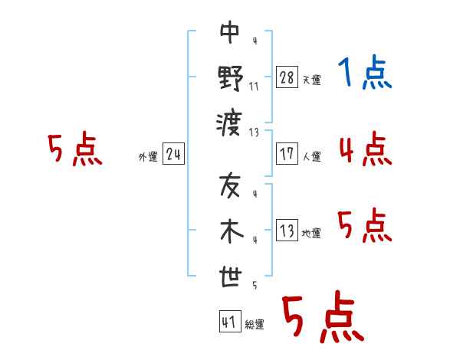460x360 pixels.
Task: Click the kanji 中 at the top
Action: click(x=230, y=32)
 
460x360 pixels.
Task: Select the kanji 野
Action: click(x=231, y=78)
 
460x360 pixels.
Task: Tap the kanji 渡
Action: click(x=229, y=124)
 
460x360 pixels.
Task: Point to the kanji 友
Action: click(x=230, y=185)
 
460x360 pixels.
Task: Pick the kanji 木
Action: click(x=232, y=231)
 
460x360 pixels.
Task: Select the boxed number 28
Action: click(x=287, y=77)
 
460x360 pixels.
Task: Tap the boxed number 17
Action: click(x=287, y=154)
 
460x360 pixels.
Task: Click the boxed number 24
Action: click(x=173, y=154)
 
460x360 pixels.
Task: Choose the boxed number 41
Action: click(x=230, y=321)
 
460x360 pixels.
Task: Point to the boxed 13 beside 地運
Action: click(x=287, y=230)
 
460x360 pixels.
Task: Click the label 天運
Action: click(x=312, y=80)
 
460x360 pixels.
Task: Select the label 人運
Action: click(x=312, y=156)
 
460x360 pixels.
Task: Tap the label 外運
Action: click(x=148, y=157)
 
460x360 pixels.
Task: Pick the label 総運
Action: click(x=255, y=325)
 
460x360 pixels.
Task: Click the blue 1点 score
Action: click(x=365, y=72)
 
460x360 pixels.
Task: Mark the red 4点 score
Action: click(x=366, y=149)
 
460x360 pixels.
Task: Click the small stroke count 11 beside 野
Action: click(x=254, y=87)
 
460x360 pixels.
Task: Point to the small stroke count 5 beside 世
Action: click(x=255, y=285)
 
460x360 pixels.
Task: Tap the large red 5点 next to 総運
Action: click(x=323, y=316)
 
